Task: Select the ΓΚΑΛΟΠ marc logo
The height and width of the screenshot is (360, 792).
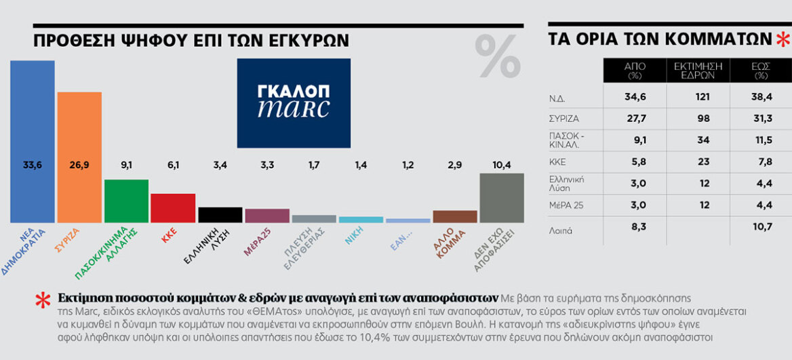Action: pyautogui.click(x=294, y=103)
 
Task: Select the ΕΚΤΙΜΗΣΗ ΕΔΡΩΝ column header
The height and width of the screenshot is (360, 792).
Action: pyautogui.click(x=698, y=71)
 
